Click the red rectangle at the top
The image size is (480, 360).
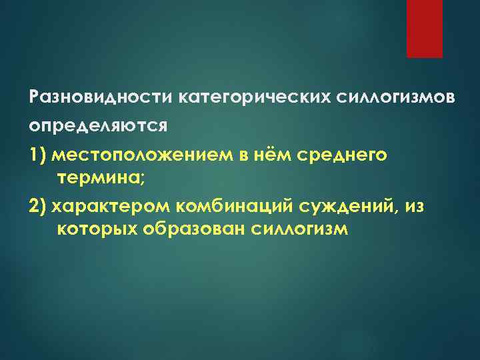tap(425, 29)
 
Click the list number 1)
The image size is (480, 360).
tap(38, 155)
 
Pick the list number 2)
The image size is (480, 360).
tap(38, 207)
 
